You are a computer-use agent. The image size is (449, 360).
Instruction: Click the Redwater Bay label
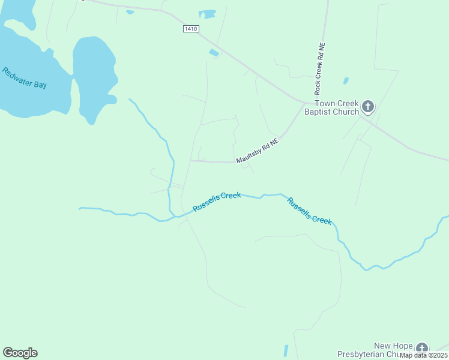[24, 78]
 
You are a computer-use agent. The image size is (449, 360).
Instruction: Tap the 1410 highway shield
[191, 29]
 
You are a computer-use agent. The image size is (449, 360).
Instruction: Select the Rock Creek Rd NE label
[320, 68]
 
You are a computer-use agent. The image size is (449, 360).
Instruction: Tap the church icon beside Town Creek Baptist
[368, 107]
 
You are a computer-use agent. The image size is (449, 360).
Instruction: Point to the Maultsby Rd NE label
[258, 152]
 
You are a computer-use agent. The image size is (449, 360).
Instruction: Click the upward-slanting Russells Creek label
[217, 202]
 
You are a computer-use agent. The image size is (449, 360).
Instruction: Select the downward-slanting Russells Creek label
[309, 211]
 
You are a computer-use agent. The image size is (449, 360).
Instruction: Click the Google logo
[20, 353]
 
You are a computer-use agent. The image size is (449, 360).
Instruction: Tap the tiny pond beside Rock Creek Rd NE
[346, 80]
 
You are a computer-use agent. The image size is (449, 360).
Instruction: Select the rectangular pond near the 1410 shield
[207, 13]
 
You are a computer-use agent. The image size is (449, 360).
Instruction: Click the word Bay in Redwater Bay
[40, 85]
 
